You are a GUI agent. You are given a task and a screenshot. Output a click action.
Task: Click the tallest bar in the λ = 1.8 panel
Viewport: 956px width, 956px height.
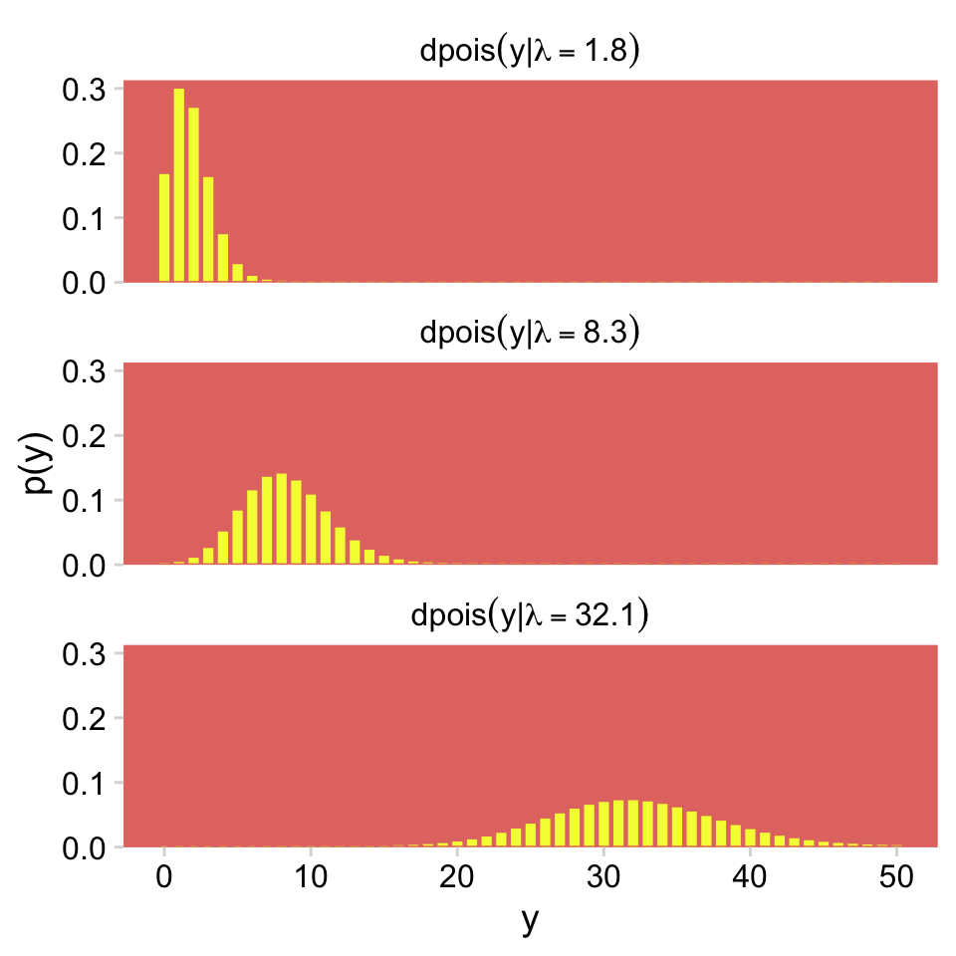[x=179, y=186]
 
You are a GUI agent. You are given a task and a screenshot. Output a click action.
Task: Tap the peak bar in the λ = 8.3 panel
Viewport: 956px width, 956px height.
[x=281, y=519]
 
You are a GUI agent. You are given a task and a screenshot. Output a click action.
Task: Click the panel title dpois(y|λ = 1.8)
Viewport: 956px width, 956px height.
[x=529, y=50]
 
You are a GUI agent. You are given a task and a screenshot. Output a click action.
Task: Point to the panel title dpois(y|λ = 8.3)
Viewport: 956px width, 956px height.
[x=529, y=334]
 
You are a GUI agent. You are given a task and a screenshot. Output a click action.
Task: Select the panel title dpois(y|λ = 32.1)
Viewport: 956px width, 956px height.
[x=529, y=616]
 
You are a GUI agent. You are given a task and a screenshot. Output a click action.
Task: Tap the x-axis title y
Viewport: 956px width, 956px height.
[x=529, y=922]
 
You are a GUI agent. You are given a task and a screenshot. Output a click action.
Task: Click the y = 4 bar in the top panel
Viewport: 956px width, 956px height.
[x=223, y=259]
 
